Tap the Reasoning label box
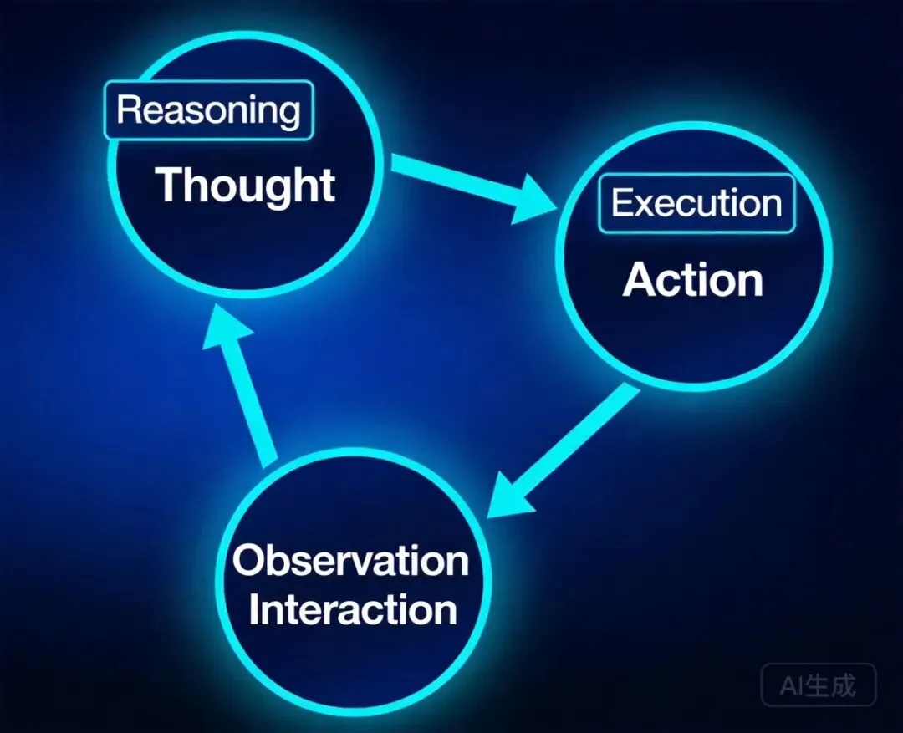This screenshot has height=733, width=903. tap(207, 110)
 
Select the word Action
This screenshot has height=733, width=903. tap(693, 280)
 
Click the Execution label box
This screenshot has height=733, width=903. tap(696, 203)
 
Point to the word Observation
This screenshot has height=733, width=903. tap(350, 560)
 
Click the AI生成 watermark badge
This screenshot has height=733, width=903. tap(819, 686)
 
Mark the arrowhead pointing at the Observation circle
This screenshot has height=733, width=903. tap(511, 495)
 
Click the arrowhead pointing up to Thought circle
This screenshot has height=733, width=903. tap(225, 330)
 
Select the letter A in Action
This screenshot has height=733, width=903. tap(638, 281)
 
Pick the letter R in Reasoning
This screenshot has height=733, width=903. tap(128, 110)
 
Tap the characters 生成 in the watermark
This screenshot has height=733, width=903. tap(832, 686)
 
